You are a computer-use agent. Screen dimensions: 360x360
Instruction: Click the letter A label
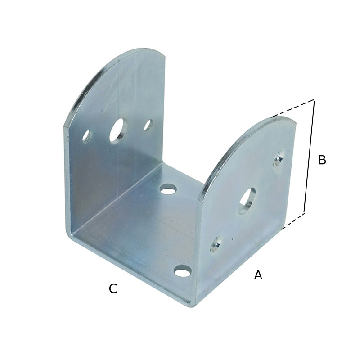click(x=258, y=275)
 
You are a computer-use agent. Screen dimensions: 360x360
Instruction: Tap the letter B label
click(x=322, y=160)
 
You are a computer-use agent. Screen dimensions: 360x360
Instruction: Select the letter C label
click(x=113, y=288)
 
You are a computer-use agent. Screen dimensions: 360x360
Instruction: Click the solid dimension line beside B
click(x=309, y=157)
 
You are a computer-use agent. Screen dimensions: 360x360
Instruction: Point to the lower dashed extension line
click(x=293, y=221)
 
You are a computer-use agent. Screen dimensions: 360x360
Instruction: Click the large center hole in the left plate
click(x=119, y=131)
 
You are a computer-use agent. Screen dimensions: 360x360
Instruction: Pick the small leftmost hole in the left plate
click(x=87, y=137)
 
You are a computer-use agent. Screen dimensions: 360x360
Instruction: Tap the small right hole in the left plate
click(x=148, y=126)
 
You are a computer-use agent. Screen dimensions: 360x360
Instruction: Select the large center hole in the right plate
click(x=247, y=201)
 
